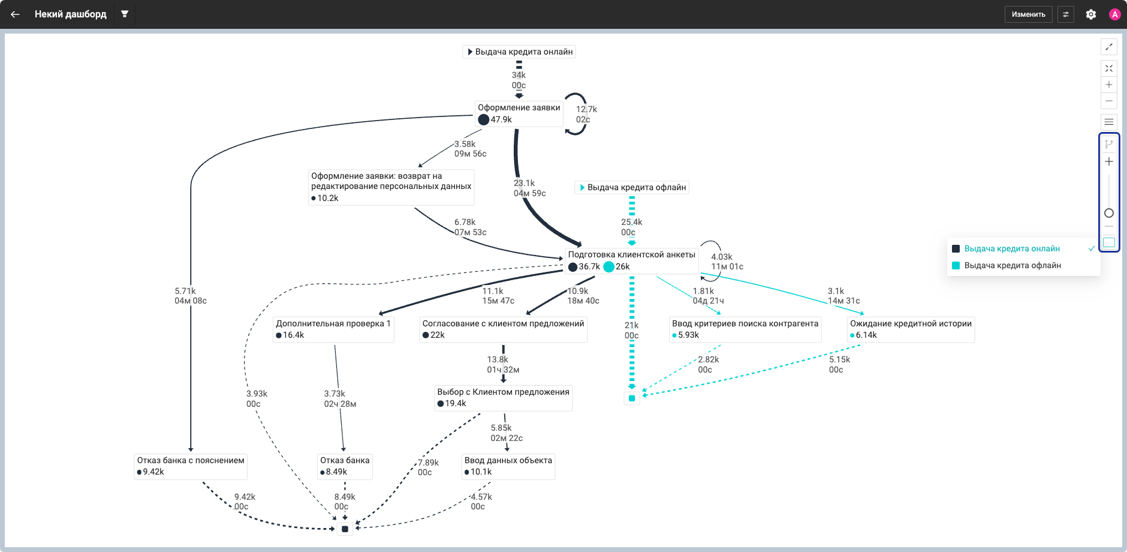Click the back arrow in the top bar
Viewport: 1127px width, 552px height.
pyautogui.click(x=15, y=14)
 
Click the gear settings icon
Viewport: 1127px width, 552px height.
pyautogui.click(x=1091, y=14)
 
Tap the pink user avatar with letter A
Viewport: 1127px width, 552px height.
pyautogui.click(x=1115, y=14)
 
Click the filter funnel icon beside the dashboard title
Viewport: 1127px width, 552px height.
pyautogui.click(x=125, y=14)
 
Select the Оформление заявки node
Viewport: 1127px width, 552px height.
pyautogui.click(x=519, y=113)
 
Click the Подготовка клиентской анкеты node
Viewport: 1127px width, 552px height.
pyautogui.click(x=631, y=260)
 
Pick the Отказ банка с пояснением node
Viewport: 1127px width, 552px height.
pyautogui.click(x=191, y=466)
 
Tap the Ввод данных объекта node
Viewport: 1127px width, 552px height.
pyautogui.click(x=508, y=466)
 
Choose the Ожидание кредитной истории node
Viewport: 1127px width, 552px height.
pyautogui.click(x=911, y=329)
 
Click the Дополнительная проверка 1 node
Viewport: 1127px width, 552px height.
pyautogui.click(x=333, y=329)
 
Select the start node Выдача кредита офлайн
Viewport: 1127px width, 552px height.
pyautogui.click(x=632, y=187)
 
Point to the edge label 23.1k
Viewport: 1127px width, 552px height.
pyautogui.click(x=524, y=183)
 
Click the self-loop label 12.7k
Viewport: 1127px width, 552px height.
pyautogui.click(x=586, y=109)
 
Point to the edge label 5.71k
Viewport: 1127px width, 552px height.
pyautogui.click(x=185, y=291)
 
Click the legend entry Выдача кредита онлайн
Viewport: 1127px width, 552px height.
pyautogui.click(x=1012, y=248)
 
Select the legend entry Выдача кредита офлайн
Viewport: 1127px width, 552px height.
pyautogui.click(x=1013, y=265)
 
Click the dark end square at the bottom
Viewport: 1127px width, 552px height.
pyautogui.click(x=345, y=529)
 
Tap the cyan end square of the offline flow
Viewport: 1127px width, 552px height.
pyautogui.click(x=632, y=398)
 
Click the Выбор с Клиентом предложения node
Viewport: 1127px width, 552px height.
pyautogui.click(x=503, y=398)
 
